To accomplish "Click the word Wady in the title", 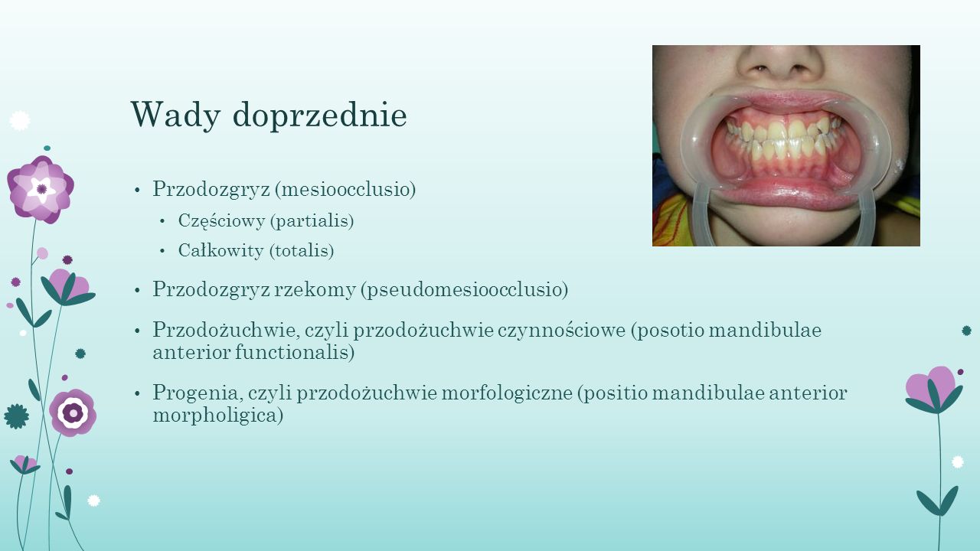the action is click(175, 115).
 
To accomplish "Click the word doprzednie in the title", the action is click(320, 114).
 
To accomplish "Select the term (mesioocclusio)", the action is click(345, 189).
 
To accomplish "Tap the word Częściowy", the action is click(221, 221).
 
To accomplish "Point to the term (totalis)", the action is click(302, 250).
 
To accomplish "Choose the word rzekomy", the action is click(315, 290).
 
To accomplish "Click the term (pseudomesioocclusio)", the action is click(465, 289).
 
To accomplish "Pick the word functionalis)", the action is click(295, 352).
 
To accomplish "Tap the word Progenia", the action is click(198, 393).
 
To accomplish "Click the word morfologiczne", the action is click(507, 393).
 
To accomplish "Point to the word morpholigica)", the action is click(218, 415).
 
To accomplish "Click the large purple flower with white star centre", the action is click(41, 189).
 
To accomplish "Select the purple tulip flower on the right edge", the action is click(933, 390).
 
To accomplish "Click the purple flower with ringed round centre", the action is click(73, 412).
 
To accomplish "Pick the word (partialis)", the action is click(312, 221).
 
